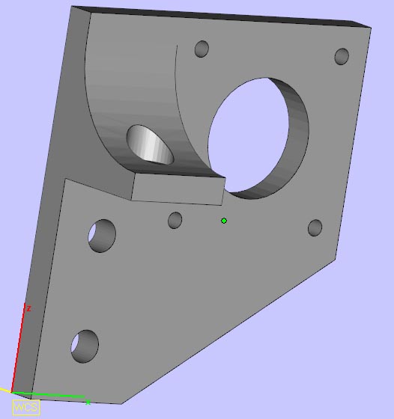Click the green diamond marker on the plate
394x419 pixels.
[224, 221]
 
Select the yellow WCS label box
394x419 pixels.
[26, 408]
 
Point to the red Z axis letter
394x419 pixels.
[29, 308]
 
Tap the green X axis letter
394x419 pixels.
[88, 403]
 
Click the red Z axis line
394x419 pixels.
[18, 348]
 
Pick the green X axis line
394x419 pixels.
[48, 395]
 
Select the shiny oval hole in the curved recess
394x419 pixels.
[150, 144]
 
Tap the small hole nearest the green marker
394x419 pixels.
[175, 220]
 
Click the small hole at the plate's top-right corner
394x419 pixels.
[342, 56]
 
